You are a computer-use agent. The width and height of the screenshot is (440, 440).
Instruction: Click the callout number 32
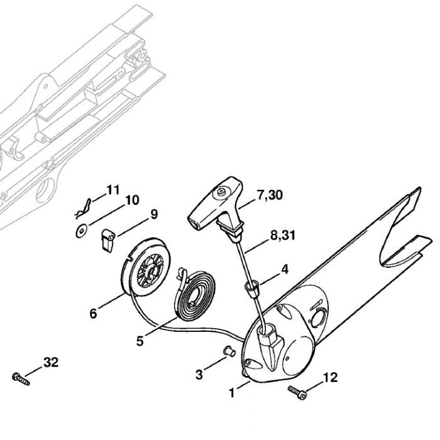tap(51, 362)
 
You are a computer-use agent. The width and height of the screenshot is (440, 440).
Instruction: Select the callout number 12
tap(330, 377)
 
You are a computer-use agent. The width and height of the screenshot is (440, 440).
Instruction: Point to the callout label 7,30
tap(270, 195)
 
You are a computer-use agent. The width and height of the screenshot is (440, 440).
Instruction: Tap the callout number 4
tap(285, 270)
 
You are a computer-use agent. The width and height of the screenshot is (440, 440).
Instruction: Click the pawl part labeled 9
tap(106, 236)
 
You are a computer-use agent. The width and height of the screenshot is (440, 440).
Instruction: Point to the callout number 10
tap(132, 201)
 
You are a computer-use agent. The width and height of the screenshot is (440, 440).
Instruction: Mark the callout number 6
tap(92, 313)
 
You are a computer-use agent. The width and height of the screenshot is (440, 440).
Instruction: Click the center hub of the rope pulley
tap(150, 271)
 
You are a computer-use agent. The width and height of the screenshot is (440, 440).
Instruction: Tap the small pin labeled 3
tap(229, 349)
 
